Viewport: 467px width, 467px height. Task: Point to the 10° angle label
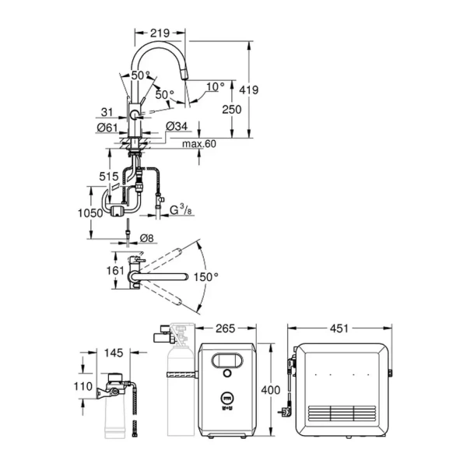[x=216, y=86]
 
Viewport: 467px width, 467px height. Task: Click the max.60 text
[x=200, y=144]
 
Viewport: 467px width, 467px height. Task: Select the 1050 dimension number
[x=91, y=213]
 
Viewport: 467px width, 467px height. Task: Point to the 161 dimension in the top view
[x=114, y=272]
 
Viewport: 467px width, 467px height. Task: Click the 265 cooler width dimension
[x=225, y=328]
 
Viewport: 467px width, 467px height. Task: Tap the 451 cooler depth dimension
[x=339, y=328]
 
